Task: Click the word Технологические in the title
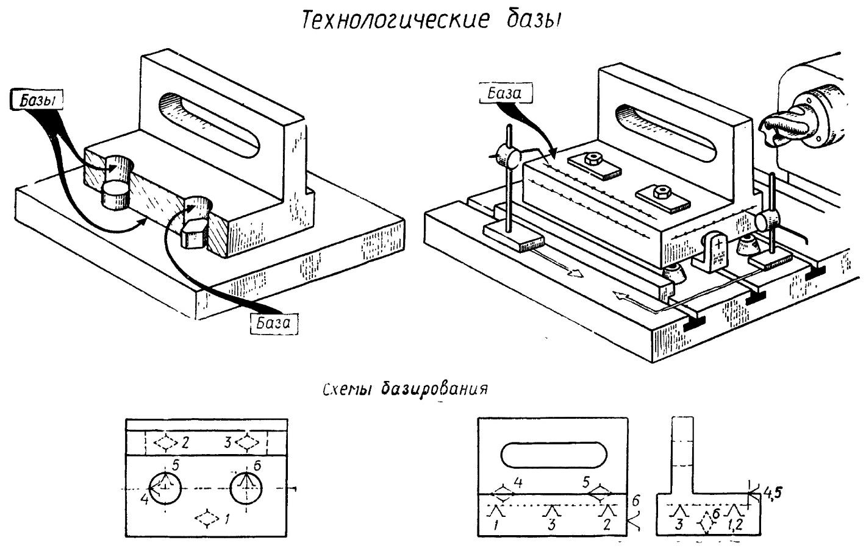click(x=395, y=20)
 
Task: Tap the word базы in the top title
click(x=534, y=20)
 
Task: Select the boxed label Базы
click(x=37, y=100)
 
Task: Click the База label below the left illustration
click(x=274, y=322)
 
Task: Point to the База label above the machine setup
click(x=505, y=93)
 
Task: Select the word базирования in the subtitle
click(x=434, y=389)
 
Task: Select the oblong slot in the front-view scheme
click(x=554, y=455)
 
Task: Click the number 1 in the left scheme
click(x=227, y=519)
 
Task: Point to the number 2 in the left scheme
click(x=185, y=443)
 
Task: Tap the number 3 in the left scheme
click(x=228, y=442)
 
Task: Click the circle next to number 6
click(x=246, y=488)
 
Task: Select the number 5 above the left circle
click(x=176, y=465)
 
